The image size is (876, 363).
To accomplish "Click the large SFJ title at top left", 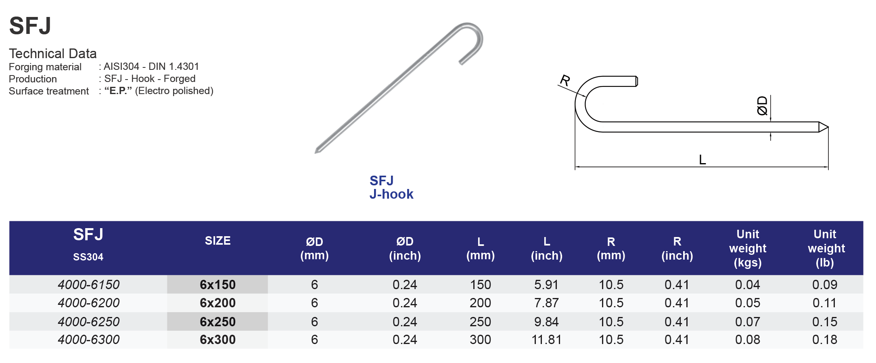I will pos(30,26).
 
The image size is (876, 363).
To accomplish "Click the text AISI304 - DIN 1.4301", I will pos(151,67).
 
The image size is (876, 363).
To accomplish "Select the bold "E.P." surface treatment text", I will pos(118,91).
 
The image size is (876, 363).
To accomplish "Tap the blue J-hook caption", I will pos(391,194).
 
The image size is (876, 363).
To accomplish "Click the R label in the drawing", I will pos(565,80).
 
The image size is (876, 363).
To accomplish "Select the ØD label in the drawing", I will pos(762,106).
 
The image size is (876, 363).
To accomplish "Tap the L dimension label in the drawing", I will pos(702,160).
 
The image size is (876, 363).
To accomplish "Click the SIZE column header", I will pos(217,241).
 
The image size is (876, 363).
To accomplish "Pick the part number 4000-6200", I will pos(88,303).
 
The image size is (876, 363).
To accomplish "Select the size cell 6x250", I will pos(217,322).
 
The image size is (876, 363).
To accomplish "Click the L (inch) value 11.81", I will pos(546,340).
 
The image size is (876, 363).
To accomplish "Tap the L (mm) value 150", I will pos(480,285).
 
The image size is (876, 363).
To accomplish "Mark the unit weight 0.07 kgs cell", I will pos(747,322).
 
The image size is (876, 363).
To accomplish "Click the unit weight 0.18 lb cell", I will pos(824,340).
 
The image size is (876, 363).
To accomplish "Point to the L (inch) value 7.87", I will pos(546,303).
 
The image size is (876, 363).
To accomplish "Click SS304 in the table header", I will pos(88,257).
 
